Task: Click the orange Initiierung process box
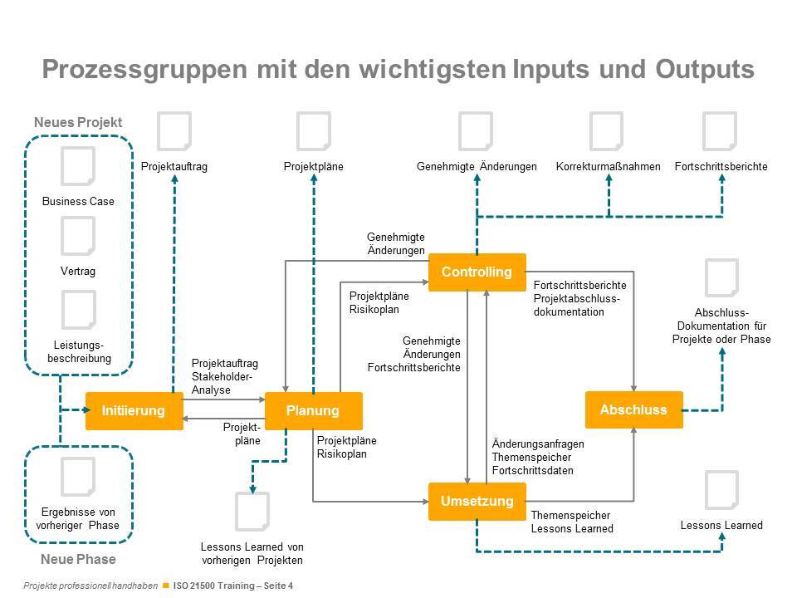click(134, 410)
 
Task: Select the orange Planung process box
click(313, 410)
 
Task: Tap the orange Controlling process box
click(477, 272)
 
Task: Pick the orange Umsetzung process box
click(477, 501)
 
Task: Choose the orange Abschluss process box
click(633, 409)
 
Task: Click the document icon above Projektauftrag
click(174, 133)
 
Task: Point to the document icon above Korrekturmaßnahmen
click(606, 133)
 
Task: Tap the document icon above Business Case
click(78, 167)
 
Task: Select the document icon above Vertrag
click(78, 237)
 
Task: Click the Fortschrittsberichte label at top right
click(721, 167)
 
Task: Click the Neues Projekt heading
click(78, 122)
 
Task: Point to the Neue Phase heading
click(78, 559)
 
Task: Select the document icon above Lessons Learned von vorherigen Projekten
click(252, 512)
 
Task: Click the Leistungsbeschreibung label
click(78, 351)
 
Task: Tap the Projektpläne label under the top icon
click(313, 167)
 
